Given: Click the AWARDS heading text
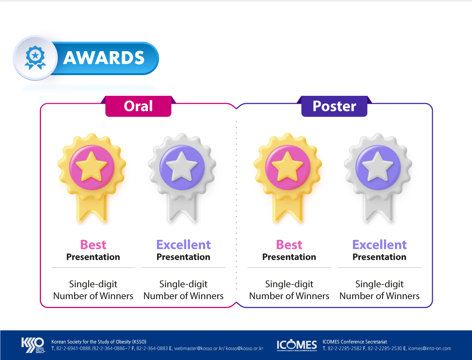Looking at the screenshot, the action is tap(104, 58).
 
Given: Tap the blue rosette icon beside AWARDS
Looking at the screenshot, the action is tap(35, 57).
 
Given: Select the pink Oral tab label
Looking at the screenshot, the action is tap(138, 106).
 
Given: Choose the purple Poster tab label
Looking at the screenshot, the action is tap(334, 106).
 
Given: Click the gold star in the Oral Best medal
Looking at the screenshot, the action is tap(91, 166).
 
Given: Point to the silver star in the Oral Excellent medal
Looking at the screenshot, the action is tap(182, 166).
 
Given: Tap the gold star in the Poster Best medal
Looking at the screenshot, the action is tap(288, 166).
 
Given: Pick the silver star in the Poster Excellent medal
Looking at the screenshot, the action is tap(378, 166).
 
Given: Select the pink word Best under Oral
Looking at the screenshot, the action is tap(93, 245).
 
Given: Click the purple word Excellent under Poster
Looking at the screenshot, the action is tap(379, 245).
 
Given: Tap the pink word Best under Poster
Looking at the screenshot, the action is tap(289, 245).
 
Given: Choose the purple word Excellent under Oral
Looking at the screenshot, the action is tap(183, 245).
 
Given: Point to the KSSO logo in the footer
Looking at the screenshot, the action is tap(33, 345).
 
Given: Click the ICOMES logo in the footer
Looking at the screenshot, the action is tap(297, 345).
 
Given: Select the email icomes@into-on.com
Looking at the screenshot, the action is tap(430, 349).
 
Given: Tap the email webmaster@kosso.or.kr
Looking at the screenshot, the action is tap(199, 349).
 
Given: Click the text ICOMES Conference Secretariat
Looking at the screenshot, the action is tap(355, 342).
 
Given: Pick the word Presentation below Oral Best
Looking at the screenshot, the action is tap(93, 257).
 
